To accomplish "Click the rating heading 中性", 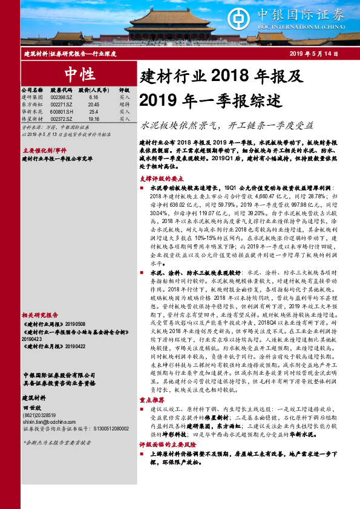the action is (x=77, y=74).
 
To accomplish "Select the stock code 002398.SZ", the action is (x=61, y=97).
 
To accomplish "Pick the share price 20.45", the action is (x=93, y=104).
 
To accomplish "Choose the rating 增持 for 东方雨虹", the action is (x=124, y=104).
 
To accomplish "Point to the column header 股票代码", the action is (x=61, y=89).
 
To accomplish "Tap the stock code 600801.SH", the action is (x=62, y=112).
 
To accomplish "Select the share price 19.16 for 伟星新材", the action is (x=93, y=119).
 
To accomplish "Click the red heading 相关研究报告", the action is (x=40, y=315).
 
